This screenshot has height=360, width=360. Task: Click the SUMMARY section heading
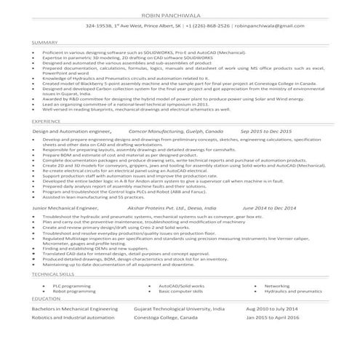click(x=45, y=43)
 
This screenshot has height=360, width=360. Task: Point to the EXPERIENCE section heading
click(x=47, y=121)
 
